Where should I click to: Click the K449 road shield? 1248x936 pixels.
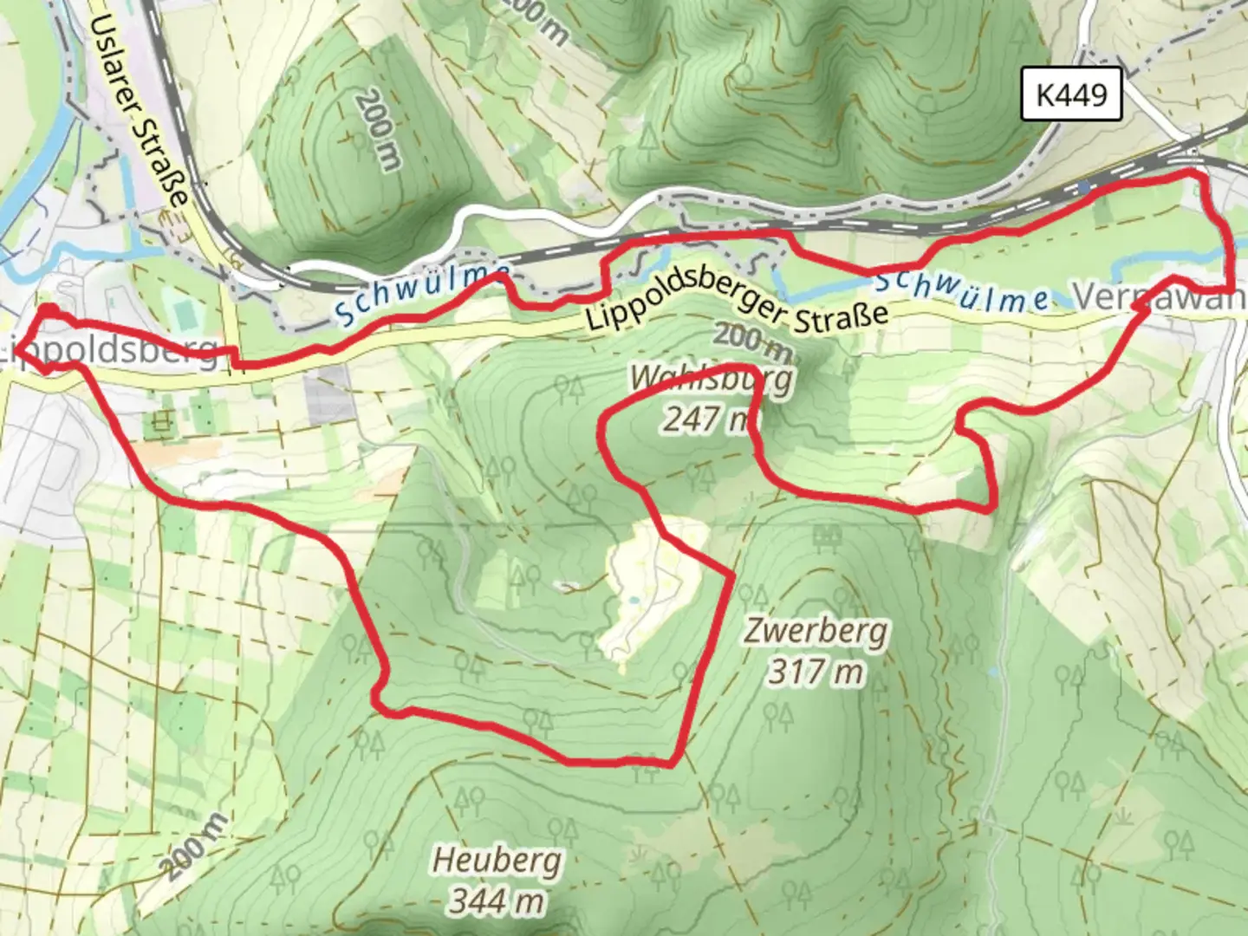1071,94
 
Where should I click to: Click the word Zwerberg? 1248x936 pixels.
815,633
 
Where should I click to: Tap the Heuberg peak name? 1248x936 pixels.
497,861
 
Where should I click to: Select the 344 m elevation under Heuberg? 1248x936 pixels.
497,900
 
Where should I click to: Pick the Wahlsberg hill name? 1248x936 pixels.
711,380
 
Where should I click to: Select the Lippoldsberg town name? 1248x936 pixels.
108,352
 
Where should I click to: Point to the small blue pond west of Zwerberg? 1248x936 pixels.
634,599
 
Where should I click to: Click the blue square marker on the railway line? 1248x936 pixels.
1083,187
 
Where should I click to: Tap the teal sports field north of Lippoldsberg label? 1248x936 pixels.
183,308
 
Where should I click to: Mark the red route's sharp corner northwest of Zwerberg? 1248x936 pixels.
732,575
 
